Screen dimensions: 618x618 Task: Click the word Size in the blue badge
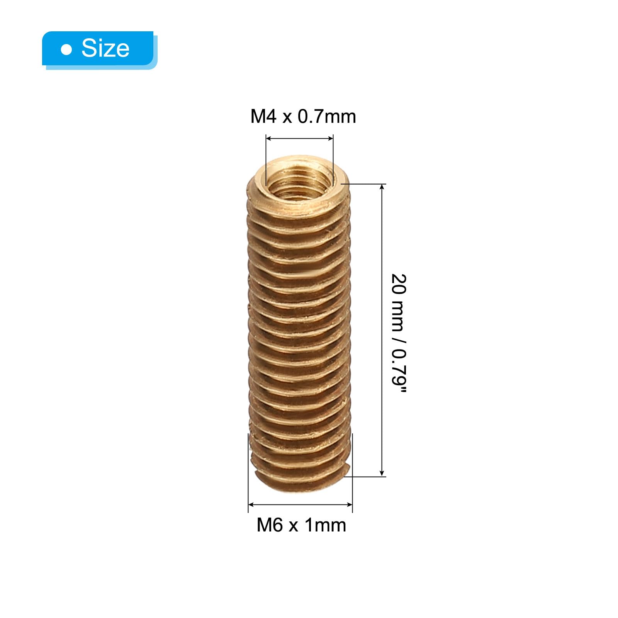105,48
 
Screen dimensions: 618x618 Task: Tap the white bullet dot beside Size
67,49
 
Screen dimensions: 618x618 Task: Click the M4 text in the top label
263,116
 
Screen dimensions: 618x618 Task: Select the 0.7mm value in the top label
327,116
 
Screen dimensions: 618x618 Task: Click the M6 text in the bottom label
270,525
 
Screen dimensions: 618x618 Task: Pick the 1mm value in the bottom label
326,525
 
